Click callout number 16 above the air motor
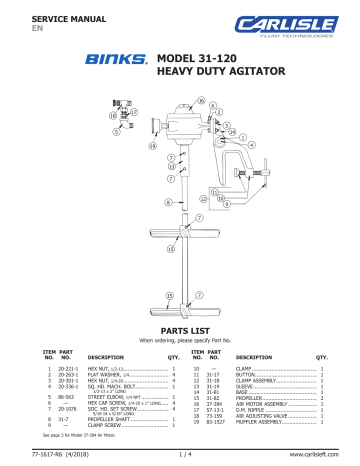200,103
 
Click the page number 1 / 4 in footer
179,457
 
